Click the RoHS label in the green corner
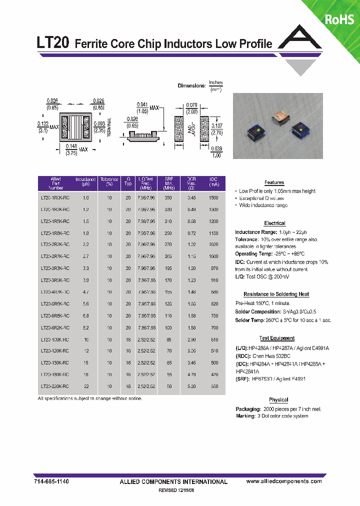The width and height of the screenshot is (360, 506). pos(339,19)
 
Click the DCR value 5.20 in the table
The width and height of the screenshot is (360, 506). pos(191,386)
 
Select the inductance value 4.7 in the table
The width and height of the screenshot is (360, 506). pos(85,291)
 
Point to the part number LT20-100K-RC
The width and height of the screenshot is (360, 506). pos(55,339)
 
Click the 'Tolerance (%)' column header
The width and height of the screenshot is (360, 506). pos(109,183)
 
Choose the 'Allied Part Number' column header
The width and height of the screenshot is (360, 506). pos(55,183)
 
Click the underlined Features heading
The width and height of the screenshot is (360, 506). pos(274,182)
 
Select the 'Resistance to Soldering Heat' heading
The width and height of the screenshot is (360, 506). pos(276,294)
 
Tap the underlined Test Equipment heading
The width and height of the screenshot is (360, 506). pos(276,338)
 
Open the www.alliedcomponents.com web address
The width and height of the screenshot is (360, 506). pos(284,481)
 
